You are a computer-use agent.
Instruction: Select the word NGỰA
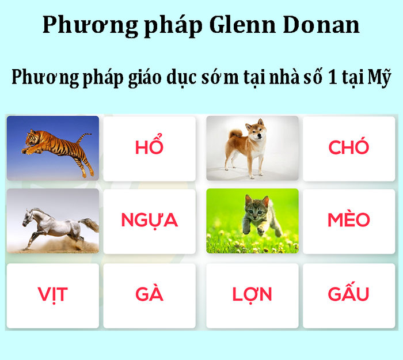coord(149,221)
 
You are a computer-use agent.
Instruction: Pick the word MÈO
coord(349,219)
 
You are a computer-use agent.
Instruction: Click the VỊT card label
coord(53,295)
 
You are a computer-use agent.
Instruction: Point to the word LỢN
coord(252,295)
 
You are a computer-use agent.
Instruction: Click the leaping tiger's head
coord(31,139)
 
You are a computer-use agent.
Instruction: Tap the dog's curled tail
coord(235,133)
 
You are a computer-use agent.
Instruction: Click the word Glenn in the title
coord(242,25)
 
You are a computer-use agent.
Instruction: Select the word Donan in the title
coord(321,25)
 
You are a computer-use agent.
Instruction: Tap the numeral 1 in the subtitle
coord(332,77)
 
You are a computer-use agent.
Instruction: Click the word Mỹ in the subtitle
coord(379,78)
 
